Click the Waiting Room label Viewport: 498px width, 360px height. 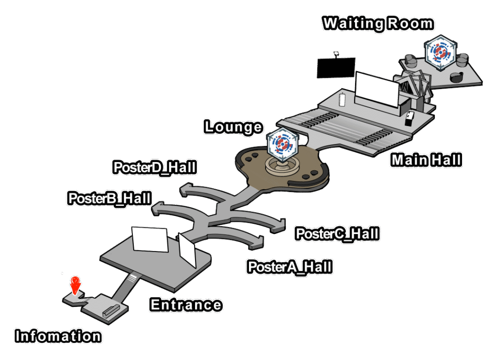click(x=378, y=23)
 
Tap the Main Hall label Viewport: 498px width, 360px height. click(x=426, y=160)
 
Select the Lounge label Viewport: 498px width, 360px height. click(x=233, y=127)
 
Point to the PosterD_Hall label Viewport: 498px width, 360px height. click(x=155, y=167)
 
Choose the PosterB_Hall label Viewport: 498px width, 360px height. click(x=109, y=198)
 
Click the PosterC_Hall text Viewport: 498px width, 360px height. click(x=338, y=234)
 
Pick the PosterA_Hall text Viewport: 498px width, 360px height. click(x=290, y=267)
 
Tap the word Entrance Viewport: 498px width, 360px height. click(x=186, y=305)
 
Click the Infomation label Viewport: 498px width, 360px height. click(x=58, y=336)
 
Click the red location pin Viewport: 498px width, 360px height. click(x=74, y=285)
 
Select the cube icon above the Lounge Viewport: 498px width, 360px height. click(x=282, y=144)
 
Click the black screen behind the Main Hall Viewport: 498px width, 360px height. click(x=335, y=67)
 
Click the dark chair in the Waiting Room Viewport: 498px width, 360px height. click(x=457, y=77)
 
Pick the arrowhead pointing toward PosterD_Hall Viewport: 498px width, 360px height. click(x=185, y=190)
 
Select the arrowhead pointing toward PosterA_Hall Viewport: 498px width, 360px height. click(x=258, y=240)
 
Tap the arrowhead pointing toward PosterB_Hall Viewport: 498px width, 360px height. click(x=159, y=210)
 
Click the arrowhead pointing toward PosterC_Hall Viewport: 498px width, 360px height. click(x=279, y=224)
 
